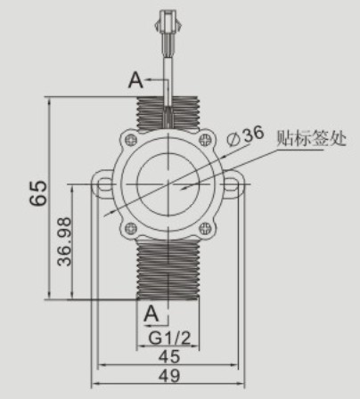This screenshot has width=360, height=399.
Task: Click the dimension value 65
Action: (x=38, y=193)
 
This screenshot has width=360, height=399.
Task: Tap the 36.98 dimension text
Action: (x=64, y=241)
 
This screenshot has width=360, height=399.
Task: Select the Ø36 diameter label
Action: (x=245, y=136)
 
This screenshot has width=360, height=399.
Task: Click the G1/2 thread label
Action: (x=169, y=338)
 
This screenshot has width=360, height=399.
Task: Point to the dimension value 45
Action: (x=169, y=357)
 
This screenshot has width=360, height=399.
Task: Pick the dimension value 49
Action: (x=169, y=376)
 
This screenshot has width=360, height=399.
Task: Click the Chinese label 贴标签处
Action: (x=311, y=138)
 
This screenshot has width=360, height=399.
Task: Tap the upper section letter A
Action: (x=135, y=80)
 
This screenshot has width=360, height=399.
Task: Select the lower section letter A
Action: (x=151, y=313)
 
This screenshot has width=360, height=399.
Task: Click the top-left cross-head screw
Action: (x=131, y=140)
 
